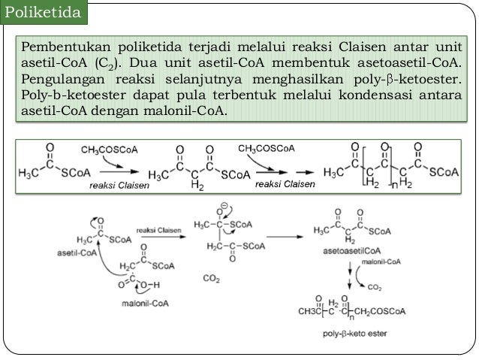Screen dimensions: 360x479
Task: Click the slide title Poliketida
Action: click(42, 13)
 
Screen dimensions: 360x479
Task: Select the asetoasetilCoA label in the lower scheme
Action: click(348, 250)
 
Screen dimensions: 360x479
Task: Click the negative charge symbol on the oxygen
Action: click(224, 204)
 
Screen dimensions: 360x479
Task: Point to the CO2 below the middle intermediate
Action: click(212, 277)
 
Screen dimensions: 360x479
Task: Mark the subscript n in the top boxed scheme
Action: click(391, 184)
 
